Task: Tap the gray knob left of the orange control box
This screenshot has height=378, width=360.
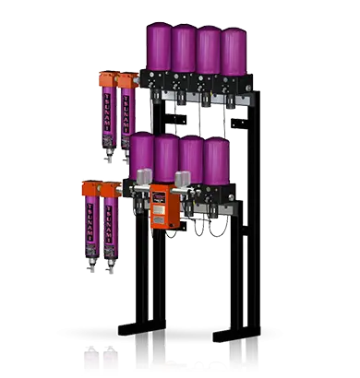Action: coord(143,180)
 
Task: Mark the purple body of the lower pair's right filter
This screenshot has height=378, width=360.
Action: coord(109,225)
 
